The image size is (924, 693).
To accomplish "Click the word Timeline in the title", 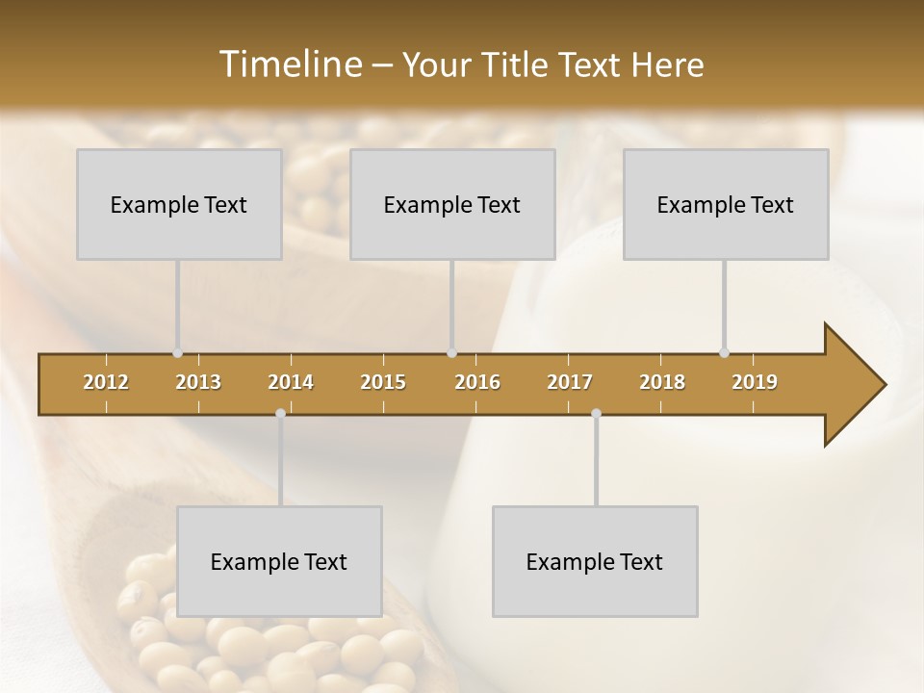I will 289,64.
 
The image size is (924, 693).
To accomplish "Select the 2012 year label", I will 106,382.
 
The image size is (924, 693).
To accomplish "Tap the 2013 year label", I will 198,382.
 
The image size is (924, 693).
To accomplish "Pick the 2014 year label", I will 291,382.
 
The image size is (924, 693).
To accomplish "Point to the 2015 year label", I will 383,382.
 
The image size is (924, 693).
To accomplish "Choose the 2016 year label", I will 477,382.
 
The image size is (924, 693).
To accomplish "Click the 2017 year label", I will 570,382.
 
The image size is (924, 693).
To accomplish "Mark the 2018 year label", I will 662,382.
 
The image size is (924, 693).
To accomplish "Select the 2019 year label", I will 755,382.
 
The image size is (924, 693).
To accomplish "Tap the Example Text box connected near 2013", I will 179,205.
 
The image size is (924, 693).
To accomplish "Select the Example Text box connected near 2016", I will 452,205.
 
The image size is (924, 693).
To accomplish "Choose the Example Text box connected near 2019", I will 726,205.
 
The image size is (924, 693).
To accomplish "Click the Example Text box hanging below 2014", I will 279,561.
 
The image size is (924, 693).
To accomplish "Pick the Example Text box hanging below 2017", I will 595,561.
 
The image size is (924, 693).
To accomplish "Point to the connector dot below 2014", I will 280,414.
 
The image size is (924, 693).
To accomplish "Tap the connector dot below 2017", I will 596,414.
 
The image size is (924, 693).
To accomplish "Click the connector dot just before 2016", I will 451,353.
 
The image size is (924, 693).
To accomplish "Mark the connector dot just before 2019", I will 724,353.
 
